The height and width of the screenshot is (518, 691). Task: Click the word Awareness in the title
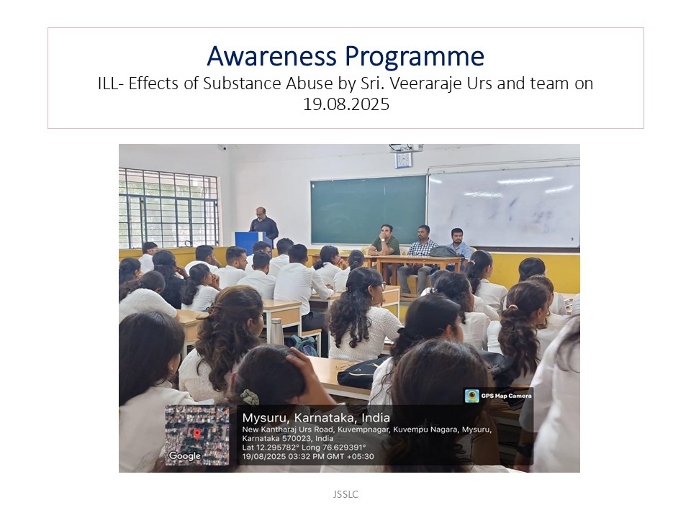(272, 56)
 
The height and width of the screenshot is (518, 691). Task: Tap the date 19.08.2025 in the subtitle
(346, 104)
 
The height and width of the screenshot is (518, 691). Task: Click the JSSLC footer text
(345, 494)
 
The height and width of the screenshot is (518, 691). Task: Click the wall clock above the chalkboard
(403, 160)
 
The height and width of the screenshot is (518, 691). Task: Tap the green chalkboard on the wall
(369, 209)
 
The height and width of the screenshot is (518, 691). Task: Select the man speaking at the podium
(264, 225)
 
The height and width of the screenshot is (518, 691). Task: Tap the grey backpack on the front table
(444, 252)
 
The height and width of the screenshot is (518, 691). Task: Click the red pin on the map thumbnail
(197, 435)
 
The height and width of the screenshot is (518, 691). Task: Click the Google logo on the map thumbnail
(185, 456)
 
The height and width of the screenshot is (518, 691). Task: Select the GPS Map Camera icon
(472, 396)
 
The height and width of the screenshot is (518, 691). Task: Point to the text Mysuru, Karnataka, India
(316, 417)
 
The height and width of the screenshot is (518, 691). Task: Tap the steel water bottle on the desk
(276, 330)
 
